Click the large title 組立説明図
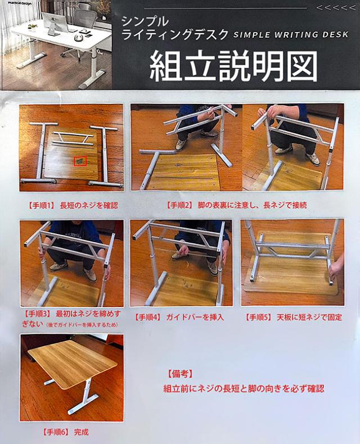point(233,66)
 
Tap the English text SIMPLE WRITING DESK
point(291,35)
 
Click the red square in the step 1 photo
point(80,161)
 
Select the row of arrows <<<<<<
point(336,8)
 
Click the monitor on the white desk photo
point(55,24)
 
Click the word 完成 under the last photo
point(81,432)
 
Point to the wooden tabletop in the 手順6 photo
point(73,360)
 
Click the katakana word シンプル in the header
point(145,21)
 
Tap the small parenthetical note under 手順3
point(82,325)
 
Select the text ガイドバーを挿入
point(195,317)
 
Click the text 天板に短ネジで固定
point(309,317)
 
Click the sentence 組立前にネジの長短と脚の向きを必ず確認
point(244,388)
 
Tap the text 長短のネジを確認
point(89,206)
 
